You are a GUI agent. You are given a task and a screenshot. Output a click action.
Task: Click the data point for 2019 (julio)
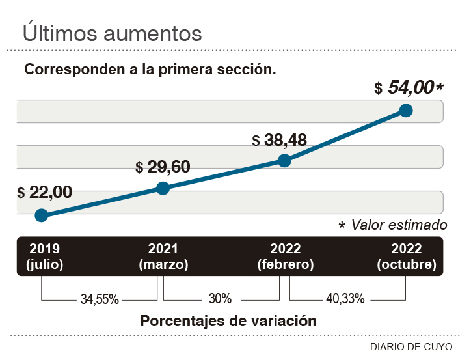tap(41, 215)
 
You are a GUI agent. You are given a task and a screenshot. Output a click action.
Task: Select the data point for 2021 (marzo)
tap(163, 188)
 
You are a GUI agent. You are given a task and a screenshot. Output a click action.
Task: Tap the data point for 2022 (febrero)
tap(284, 161)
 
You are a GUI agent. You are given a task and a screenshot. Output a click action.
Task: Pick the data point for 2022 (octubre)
tap(406, 110)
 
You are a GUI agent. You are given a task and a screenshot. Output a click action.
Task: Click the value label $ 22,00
tap(45, 192)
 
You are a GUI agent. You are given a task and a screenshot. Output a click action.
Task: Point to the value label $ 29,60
tap(163, 167)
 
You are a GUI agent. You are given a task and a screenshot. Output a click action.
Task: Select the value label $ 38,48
tap(279, 140)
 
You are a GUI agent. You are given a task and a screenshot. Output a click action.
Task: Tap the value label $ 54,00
tap(409, 88)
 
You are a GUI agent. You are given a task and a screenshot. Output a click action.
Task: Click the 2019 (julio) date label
tap(44, 256)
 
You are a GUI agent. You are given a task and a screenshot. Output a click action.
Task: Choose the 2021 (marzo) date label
tap(163, 256)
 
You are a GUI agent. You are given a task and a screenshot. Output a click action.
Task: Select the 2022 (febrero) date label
tap(285, 256)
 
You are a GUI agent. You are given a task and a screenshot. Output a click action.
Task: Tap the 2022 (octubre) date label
tap(407, 256)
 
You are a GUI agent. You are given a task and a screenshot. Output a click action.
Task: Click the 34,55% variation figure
tap(100, 299)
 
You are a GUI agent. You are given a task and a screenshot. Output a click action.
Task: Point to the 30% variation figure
tap(221, 299)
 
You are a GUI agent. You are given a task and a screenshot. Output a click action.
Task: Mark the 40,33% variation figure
tap(345, 299)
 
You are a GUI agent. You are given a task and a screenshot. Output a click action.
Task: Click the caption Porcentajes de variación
tap(228, 321)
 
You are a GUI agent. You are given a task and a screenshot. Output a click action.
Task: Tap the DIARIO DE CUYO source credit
tap(411, 346)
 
